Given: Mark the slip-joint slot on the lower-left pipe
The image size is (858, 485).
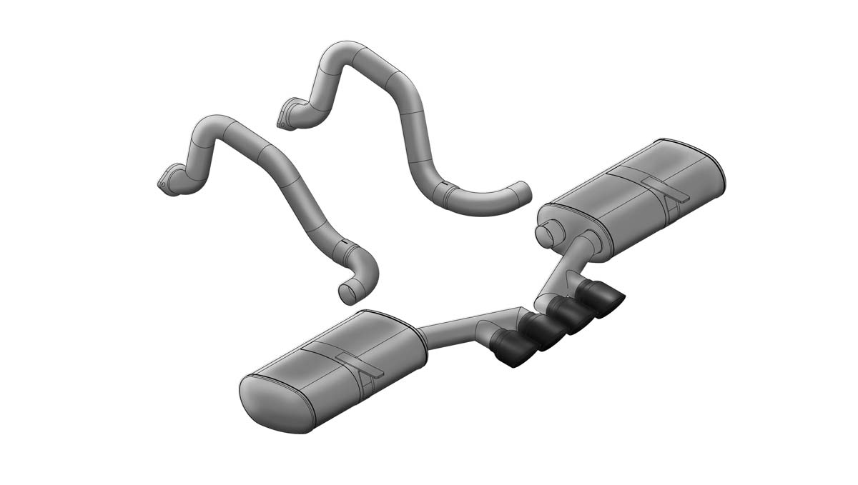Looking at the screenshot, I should [x=345, y=246].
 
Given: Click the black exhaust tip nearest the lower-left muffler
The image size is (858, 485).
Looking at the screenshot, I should [x=512, y=350].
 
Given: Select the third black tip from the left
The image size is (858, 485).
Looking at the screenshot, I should [x=571, y=314].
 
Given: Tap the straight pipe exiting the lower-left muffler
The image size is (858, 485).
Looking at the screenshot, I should [x=447, y=331].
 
